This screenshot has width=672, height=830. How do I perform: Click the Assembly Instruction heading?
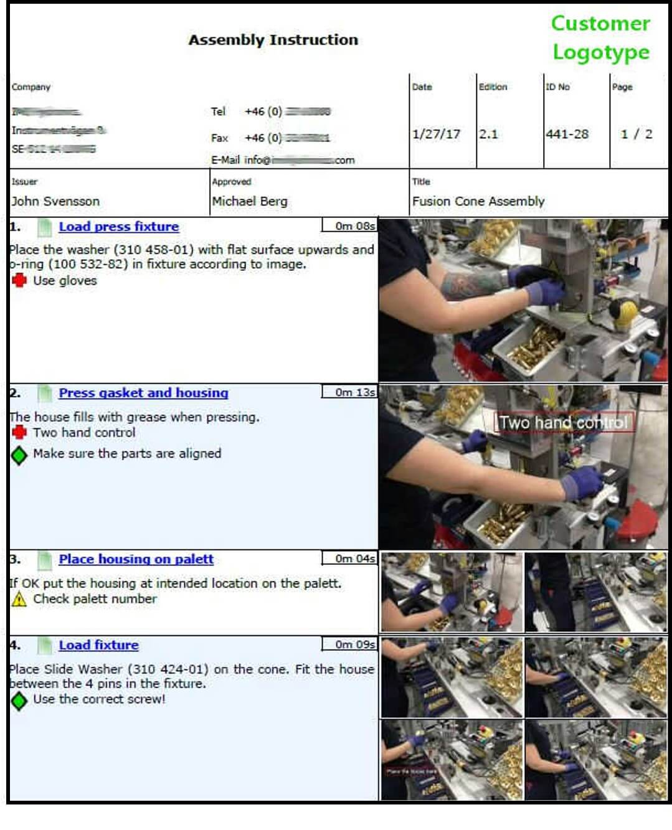tap(273, 40)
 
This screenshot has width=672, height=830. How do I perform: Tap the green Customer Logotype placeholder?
tap(600, 37)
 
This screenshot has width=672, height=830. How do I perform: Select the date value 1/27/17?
tap(436, 134)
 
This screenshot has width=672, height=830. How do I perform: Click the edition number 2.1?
tap(488, 134)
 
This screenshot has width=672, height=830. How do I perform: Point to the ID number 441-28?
tap(567, 134)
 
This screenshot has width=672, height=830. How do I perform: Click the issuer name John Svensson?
tap(55, 201)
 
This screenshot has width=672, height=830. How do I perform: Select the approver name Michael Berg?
tap(250, 201)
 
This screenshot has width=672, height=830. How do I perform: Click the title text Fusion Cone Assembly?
tap(478, 201)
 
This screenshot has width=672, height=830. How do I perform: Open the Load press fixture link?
tap(118, 227)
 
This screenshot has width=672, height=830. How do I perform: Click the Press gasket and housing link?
tap(143, 393)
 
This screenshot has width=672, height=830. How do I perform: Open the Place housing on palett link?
tap(136, 559)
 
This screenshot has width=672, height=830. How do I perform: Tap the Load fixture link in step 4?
tap(98, 645)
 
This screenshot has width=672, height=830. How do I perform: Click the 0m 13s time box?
tap(349, 392)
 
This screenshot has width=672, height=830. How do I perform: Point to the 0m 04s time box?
tap(349, 559)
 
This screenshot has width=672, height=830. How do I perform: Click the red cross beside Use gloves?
tap(19, 280)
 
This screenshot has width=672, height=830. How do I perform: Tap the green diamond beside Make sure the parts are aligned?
tap(19, 455)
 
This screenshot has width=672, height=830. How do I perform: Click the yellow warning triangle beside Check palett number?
tap(19, 599)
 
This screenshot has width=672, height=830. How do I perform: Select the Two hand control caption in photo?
tap(564, 423)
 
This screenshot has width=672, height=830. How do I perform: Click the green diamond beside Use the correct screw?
tap(19, 700)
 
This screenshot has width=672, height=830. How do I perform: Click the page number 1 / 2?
tap(636, 134)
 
